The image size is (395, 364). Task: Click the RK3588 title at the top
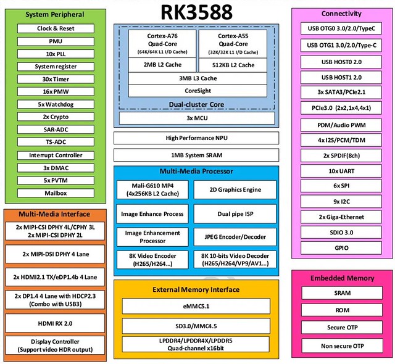pos(196,12)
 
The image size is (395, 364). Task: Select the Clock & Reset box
pos(56,28)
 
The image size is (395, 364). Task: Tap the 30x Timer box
pos(56,79)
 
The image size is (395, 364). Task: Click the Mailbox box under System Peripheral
pos(56,193)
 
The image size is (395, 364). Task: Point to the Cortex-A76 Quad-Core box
pos(162,44)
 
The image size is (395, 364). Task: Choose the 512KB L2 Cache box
pos(233,65)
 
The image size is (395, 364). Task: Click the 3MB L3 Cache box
pos(197,78)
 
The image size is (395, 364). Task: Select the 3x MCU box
pos(197,118)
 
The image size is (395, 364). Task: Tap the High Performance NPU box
pos(196,138)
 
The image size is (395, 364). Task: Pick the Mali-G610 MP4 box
pos(152,189)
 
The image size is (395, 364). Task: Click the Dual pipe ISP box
pos(235,214)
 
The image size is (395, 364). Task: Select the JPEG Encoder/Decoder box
pos(235,237)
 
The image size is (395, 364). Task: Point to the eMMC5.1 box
pos(196,307)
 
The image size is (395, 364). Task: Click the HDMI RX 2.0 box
pos(55,323)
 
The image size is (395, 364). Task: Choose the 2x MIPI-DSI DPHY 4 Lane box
pos(55,254)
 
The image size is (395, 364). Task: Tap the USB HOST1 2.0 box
pos(341,78)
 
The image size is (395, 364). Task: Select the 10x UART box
pos(341,171)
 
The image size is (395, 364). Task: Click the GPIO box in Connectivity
pos(341,248)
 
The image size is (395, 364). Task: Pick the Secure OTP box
pos(342,328)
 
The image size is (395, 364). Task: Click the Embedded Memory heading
pos(342,278)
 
